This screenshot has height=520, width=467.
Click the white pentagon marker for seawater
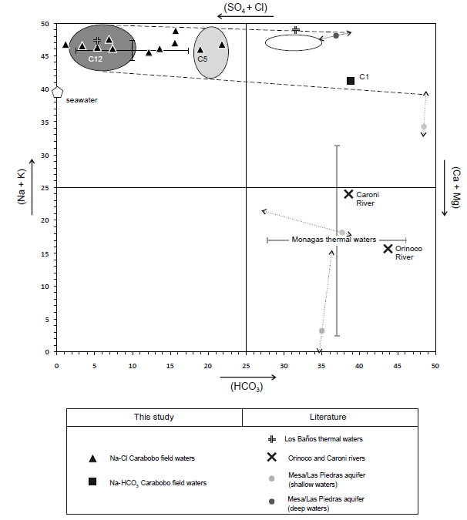(x=57, y=92)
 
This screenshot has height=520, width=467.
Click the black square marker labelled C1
(x=351, y=80)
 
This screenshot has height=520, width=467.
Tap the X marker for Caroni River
(x=348, y=195)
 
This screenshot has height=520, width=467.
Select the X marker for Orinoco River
(x=388, y=248)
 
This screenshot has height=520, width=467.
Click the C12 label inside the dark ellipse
(x=96, y=59)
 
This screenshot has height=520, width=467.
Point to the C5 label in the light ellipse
(x=203, y=59)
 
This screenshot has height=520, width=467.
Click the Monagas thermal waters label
(x=334, y=240)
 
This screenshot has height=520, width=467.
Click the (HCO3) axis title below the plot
(x=247, y=387)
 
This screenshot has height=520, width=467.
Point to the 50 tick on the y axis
(x=45, y=24)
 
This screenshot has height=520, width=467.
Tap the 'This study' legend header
(x=154, y=417)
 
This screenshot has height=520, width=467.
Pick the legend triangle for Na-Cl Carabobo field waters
(x=92, y=458)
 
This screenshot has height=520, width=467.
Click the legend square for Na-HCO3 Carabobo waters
(x=92, y=482)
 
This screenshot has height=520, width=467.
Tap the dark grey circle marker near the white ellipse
(x=336, y=35)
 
